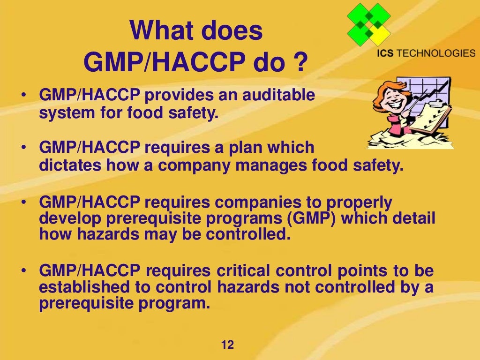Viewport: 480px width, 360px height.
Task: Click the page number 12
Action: point(227,345)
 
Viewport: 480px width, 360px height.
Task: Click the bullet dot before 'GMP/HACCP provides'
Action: point(23,96)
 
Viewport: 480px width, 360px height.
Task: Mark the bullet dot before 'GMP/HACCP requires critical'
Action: point(23,271)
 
